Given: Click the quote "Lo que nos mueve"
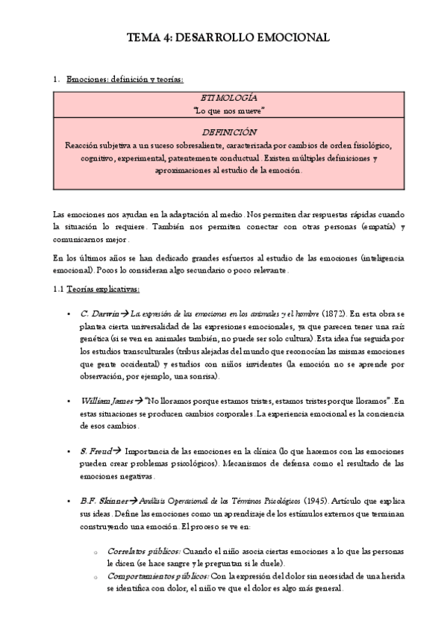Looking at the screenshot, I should (223, 110).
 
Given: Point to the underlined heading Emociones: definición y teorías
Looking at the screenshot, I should (124, 79).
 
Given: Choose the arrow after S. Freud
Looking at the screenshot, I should (117, 451).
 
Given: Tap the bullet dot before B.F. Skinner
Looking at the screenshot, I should (69, 500).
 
